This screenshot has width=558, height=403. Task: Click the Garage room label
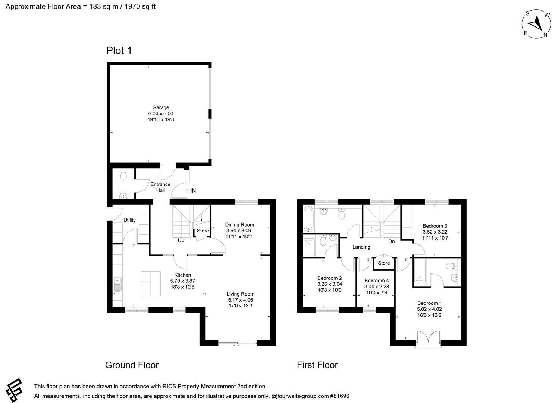pyautogui.click(x=160, y=107)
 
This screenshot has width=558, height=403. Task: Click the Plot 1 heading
pyautogui.click(x=119, y=50)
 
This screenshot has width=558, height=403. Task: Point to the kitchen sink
pyautogui.click(x=117, y=284)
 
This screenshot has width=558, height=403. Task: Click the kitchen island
pyautogui.click(x=151, y=284)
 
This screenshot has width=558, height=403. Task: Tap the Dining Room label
pyautogui.click(x=239, y=225)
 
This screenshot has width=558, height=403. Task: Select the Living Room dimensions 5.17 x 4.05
pyautogui.click(x=240, y=300)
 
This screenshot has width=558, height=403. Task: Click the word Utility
pyautogui.click(x=129, y=220)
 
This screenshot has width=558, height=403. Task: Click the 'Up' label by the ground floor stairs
pyautogui.click(x=181, y=241)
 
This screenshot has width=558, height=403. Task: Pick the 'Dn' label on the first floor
pyautogui.click(x=391, y=241)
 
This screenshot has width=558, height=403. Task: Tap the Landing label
pyautogui.click(x=361, y=247)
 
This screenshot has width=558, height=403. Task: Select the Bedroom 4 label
pyautogui.click(x=376, y=281)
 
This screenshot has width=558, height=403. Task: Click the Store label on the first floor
pyautogui.click(x=384, y=263)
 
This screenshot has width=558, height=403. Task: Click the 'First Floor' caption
pyautogui.click(x=317, y=365)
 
